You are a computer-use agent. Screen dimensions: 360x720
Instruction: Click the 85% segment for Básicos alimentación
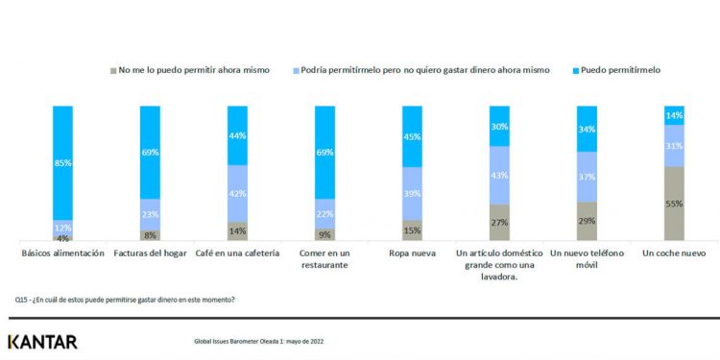pos(62,162)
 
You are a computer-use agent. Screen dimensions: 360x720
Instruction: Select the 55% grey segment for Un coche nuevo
pos(675,204)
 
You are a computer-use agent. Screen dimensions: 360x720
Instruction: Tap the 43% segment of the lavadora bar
pos(500,176)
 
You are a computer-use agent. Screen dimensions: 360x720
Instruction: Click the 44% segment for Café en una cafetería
pos(237,135)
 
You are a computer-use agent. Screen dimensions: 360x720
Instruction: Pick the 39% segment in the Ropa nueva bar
pos(413,194)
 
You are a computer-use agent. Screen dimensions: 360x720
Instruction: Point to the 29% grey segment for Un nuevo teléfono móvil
pos(588,221)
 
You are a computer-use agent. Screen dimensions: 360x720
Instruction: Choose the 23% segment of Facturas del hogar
pos(150,214)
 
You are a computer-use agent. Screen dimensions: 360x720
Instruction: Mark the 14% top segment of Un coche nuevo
pos(675,115)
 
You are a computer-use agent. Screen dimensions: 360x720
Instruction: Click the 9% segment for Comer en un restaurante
pos(324,233)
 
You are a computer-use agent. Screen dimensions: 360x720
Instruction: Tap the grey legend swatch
pos(113,70)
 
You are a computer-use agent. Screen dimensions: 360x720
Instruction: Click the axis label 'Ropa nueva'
pos(412,253)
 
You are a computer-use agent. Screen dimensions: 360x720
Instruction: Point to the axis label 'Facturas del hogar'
pos(150,253)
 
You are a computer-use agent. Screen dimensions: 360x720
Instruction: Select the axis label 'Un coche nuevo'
pos(675,253)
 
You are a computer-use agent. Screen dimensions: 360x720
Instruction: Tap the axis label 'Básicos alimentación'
pos(62,253)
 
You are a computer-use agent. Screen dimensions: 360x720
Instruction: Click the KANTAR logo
pos(42,341)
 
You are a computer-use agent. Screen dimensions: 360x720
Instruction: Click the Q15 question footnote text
pos(125,299)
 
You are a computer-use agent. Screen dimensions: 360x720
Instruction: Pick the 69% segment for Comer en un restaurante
pos(324,152)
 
